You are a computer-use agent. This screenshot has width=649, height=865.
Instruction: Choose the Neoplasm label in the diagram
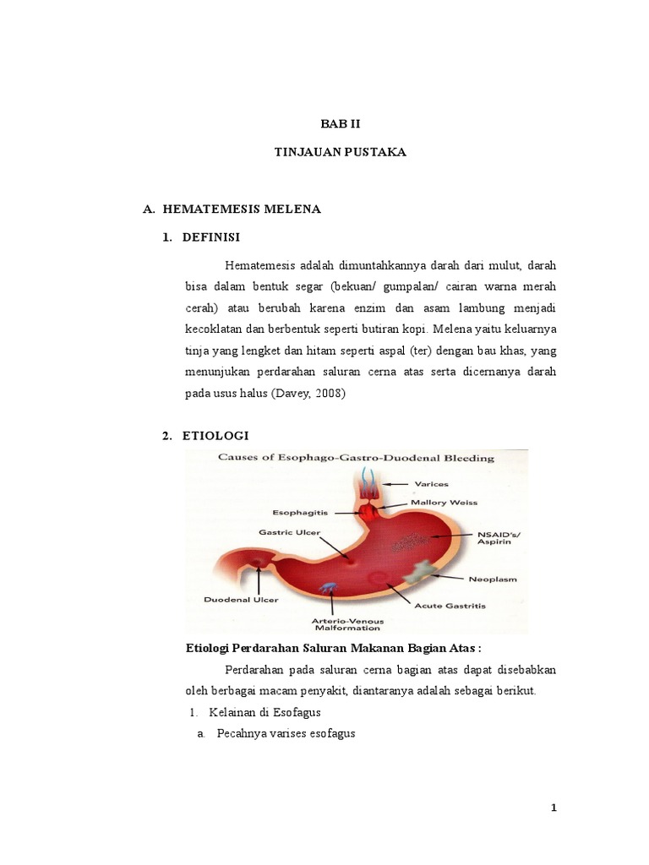(493, 579)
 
